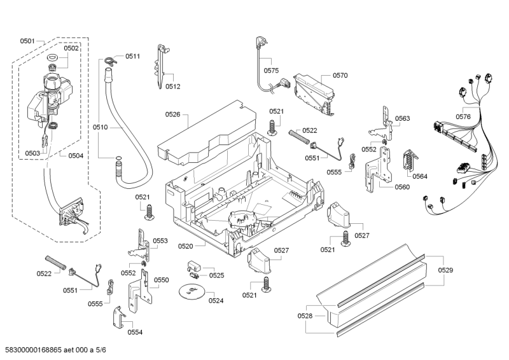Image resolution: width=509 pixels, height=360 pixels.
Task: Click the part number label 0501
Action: pyautogui.click(x=27, y=41)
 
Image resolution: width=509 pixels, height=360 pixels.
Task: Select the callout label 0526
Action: pyautogui.click(x=172, y=114)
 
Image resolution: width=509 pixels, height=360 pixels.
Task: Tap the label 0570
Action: pyautogui.click(x=340, y=75)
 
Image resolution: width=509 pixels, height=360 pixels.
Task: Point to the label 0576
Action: pyautogui.click(x=463, y=116)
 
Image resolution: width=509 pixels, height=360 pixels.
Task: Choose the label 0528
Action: pyautogui.click(x=305, y=316)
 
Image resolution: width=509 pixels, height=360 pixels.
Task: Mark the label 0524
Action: pyautogui.click(x=216, y=300)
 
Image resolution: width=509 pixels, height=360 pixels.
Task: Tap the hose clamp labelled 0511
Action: pyautogui.click(x=111, y=60)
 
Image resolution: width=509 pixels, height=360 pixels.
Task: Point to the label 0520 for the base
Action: pyautogui.click(x=185, y=246)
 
